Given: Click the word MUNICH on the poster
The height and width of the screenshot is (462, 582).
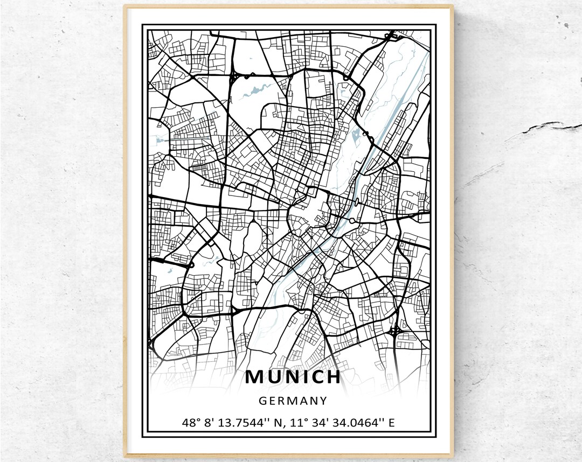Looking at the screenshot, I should (293, 377).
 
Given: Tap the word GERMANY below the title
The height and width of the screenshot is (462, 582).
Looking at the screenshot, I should (293, 401).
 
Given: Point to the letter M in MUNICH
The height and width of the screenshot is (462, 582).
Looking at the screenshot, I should (256, 377).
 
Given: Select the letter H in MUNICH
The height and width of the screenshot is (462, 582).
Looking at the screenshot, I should (332, 377).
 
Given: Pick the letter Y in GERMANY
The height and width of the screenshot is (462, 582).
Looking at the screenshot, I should (322, 401).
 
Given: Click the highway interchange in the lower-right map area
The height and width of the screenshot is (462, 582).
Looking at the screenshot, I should (394, 329).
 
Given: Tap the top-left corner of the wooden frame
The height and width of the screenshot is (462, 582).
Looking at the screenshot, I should (126, 7).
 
